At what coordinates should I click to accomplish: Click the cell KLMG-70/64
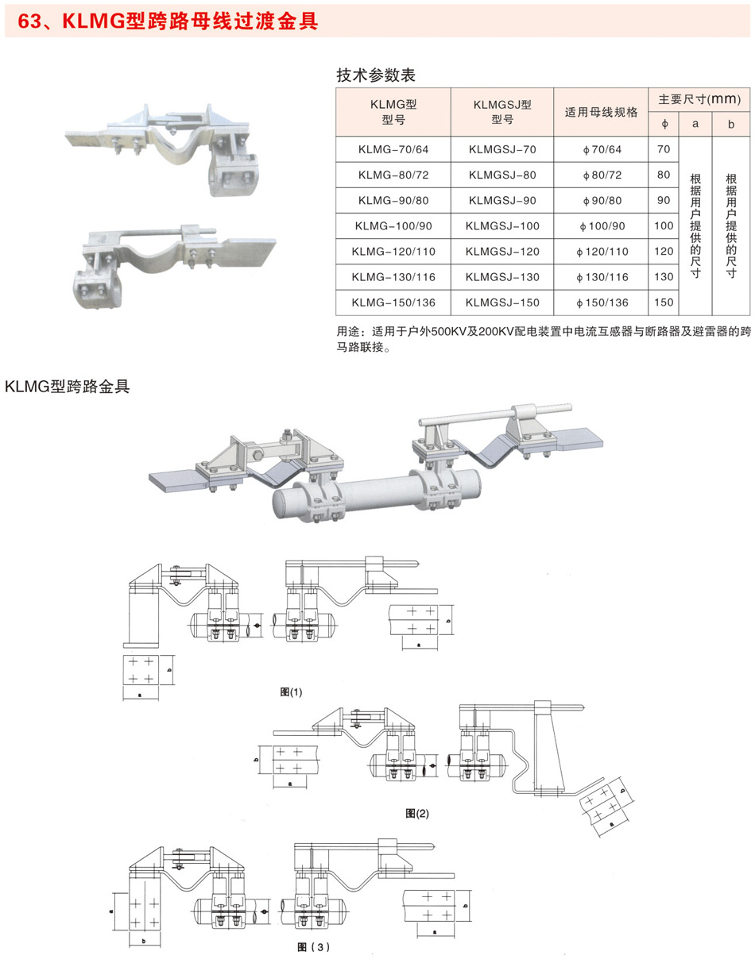point(393,149)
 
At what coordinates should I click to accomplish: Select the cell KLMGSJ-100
point(502,225)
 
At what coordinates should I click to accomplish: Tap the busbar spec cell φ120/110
point(601,252)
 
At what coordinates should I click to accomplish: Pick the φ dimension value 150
point(664,302)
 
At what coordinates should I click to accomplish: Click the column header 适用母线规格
point(601,112)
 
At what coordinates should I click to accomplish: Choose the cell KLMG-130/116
point(393,277)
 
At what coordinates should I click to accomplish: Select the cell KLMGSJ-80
point(502,175)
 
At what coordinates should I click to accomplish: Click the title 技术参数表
point(377,75)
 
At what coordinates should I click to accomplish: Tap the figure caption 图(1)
point(292,692)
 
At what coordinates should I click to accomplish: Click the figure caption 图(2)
point(416,813)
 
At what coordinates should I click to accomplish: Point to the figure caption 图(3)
point(312,946)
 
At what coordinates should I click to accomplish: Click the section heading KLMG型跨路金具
point(67,387)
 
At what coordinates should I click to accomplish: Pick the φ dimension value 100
point(664,225)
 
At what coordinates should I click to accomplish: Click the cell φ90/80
point(601,200)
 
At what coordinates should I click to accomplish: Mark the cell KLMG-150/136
point(393,302)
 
